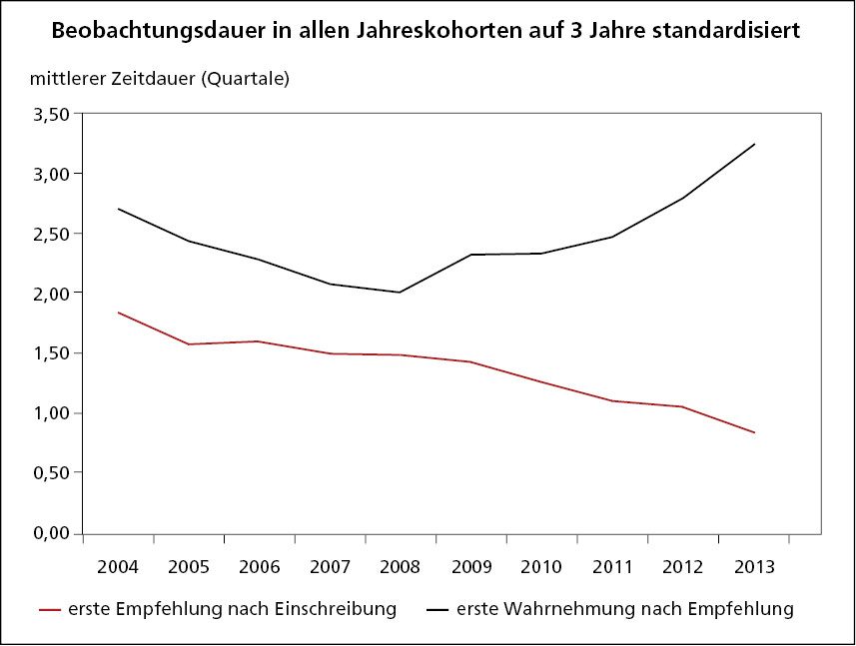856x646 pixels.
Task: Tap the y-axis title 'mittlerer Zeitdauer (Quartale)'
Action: (x=160, y=79)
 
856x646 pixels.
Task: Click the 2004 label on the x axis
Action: (x=118, y=566)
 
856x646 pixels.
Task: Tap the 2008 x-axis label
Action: (x=401, y=566)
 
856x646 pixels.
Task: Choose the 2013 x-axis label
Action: (x=754, y=566)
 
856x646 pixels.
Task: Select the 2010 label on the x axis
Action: (x=541, y=566)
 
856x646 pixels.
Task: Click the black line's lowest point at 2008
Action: (x=401, y=293)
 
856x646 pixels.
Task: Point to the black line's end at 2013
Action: (x=754, y=144)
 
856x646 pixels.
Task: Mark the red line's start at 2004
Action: (x=118, y=313)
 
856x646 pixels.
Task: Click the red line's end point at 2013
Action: (x=754, y=432)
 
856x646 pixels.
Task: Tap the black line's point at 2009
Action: (x=470, y=255)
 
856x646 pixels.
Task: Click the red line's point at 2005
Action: (x=189, y=344)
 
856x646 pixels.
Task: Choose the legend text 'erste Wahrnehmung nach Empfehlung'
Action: (x=624, y=608)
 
